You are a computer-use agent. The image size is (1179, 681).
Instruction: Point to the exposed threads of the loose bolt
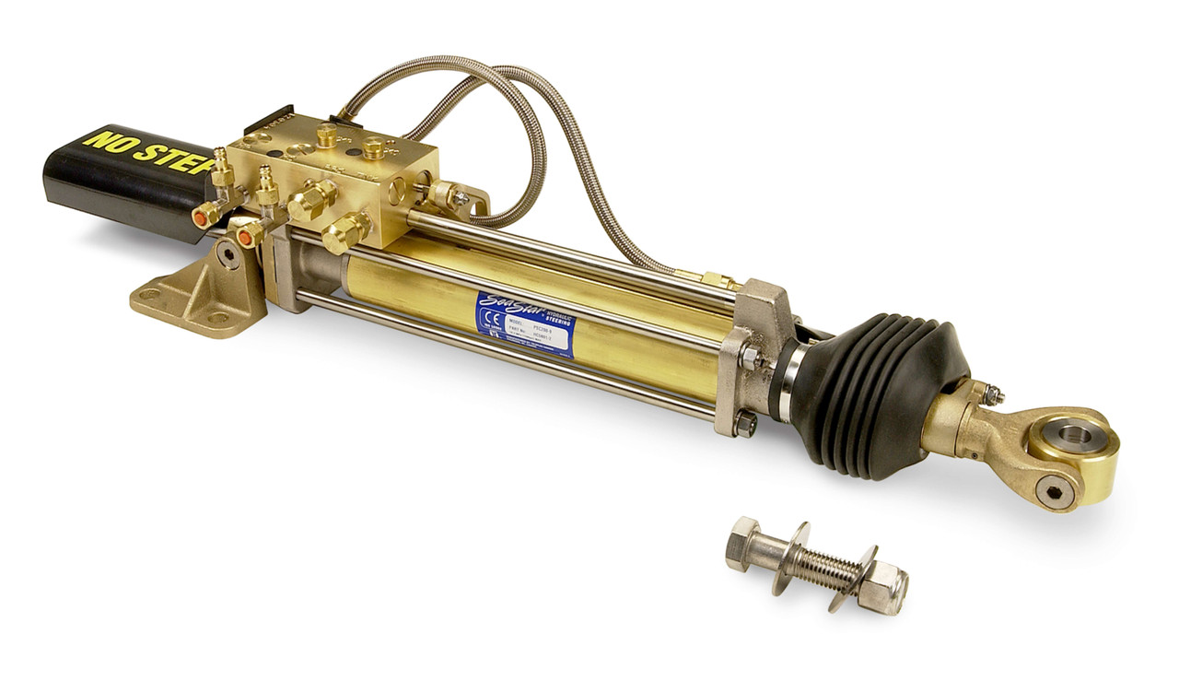point(823,569)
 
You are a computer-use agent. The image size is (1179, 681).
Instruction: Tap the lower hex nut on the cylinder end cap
point(744,423)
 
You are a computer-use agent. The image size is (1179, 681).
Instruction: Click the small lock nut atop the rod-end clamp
point(991,393)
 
